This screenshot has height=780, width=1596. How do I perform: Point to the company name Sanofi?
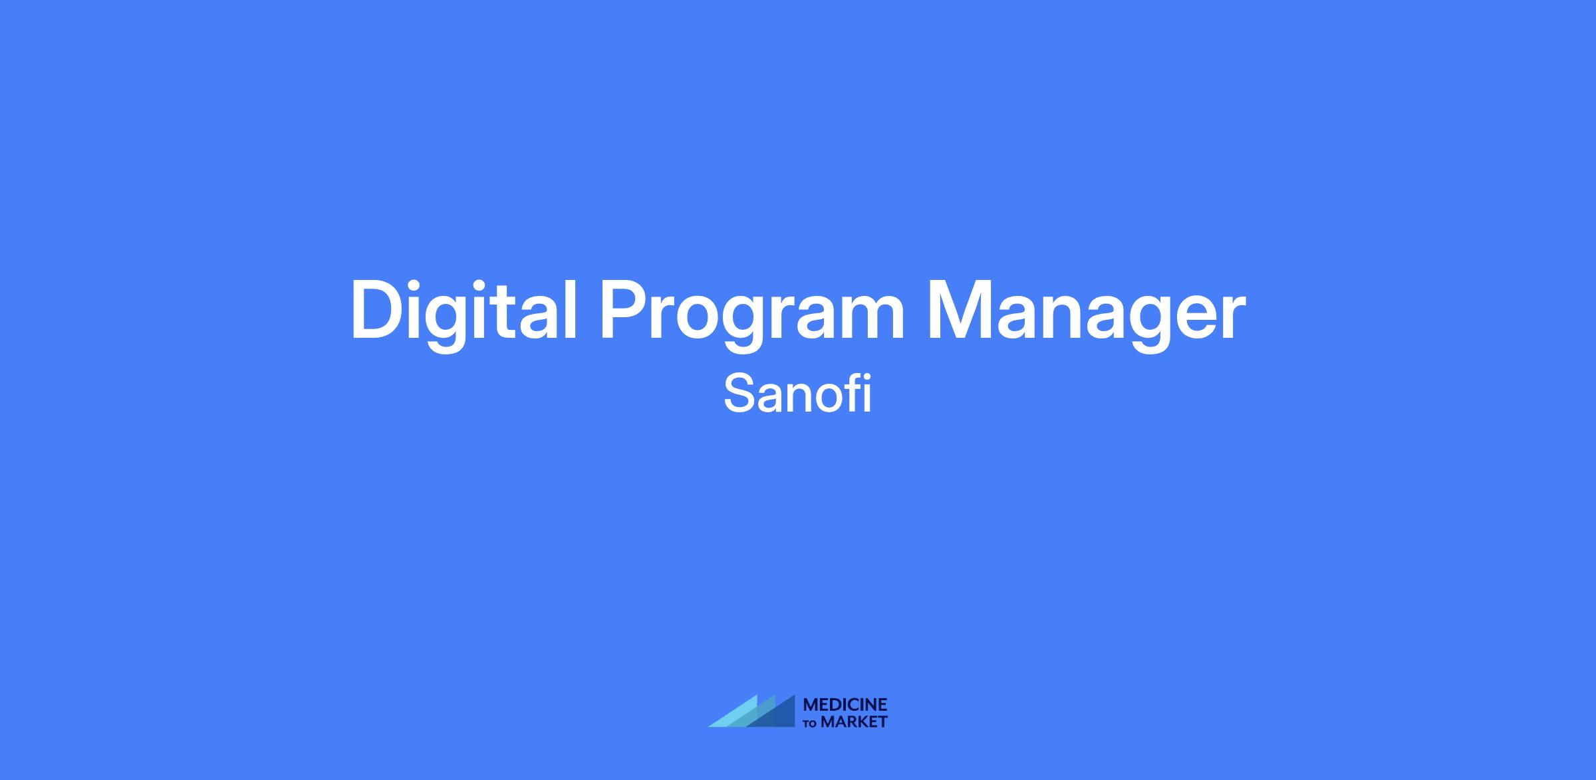797,394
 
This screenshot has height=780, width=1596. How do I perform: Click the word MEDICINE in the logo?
845,705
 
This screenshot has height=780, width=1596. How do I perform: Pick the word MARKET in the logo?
854,721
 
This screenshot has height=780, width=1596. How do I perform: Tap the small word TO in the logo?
810,723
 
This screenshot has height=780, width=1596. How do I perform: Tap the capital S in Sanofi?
737,394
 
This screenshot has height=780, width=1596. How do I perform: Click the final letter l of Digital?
572,309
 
